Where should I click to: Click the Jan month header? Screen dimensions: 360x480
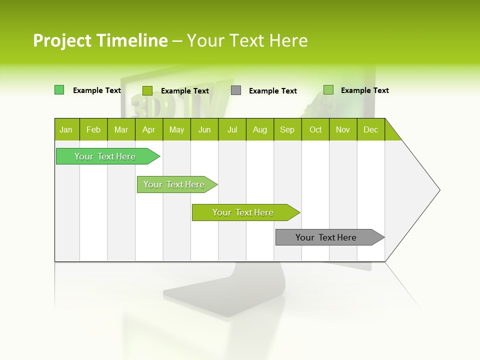point(66,129)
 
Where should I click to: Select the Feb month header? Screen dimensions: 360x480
point(93,129)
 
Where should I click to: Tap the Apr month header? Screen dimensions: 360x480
point(148,129)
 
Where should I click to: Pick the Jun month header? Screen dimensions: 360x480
point(204,129)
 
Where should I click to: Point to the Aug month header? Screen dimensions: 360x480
point(259,129)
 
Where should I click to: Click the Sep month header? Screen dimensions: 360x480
point(287,129)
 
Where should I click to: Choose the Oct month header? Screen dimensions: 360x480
point(315,129)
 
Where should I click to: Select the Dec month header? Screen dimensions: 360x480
point(370,129)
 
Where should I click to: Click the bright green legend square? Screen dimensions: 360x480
point(59,90)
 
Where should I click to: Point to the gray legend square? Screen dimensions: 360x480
point(236,90)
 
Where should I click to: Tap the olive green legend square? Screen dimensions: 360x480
point(147,90)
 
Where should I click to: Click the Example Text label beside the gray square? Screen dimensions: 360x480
point(272,91)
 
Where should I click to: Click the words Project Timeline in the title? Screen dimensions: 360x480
point(100,40)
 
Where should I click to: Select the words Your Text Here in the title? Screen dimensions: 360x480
point(247,40)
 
